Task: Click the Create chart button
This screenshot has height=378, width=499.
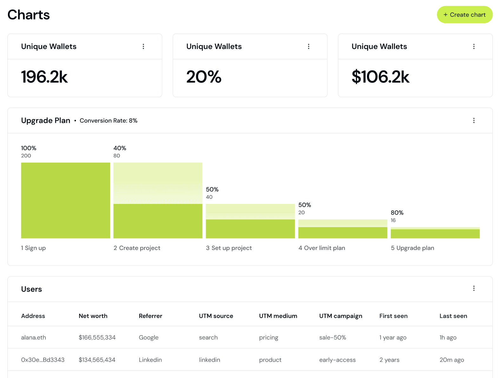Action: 464,15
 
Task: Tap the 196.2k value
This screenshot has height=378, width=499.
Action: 44,77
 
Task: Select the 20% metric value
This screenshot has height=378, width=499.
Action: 203,77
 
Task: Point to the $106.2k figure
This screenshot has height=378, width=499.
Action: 380,77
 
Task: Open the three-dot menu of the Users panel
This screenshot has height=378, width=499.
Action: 474,288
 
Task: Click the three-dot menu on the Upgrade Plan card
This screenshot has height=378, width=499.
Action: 474,120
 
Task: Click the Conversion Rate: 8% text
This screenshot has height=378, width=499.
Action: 109,120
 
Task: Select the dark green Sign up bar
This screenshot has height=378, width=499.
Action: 65,200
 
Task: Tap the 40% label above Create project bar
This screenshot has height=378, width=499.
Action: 120,148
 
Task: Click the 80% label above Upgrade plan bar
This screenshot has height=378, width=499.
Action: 397,213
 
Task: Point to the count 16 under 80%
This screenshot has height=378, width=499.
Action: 393,220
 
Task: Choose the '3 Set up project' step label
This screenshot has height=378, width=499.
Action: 229,248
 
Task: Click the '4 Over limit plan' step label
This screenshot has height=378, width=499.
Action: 322,248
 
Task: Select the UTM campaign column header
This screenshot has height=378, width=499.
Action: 341,316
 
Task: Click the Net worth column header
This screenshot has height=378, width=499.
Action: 93,316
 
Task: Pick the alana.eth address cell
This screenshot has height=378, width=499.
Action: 33,337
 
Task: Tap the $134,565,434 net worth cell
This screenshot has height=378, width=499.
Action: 97,360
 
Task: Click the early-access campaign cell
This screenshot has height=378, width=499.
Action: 337,360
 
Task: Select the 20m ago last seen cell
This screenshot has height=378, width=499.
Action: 451,360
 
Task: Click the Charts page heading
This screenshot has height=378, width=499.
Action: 29,15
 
